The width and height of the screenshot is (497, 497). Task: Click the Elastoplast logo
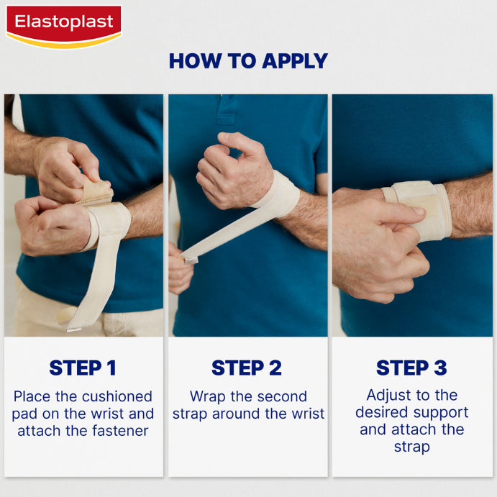[x=64, y=27]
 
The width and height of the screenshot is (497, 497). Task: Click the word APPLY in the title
[x=295, y=61]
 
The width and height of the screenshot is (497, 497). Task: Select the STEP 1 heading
[x=83, y=368]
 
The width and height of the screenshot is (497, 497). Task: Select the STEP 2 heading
[x=247, y=368]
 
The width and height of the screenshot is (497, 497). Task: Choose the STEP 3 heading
[x=411, y=368]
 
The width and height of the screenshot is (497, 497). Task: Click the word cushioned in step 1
[x=117, y=396]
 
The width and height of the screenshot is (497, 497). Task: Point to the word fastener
[x=120, y=431]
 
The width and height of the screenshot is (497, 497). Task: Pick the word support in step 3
[x=441, y=413]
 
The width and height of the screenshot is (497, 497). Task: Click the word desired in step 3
[x=382, y=412]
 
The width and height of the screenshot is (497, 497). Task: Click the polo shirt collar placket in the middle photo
[x=226, y=109]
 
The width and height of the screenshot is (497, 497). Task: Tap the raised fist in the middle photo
[x=234, y=171]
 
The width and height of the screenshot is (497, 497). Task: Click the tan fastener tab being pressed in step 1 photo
[x=96, y=192]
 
